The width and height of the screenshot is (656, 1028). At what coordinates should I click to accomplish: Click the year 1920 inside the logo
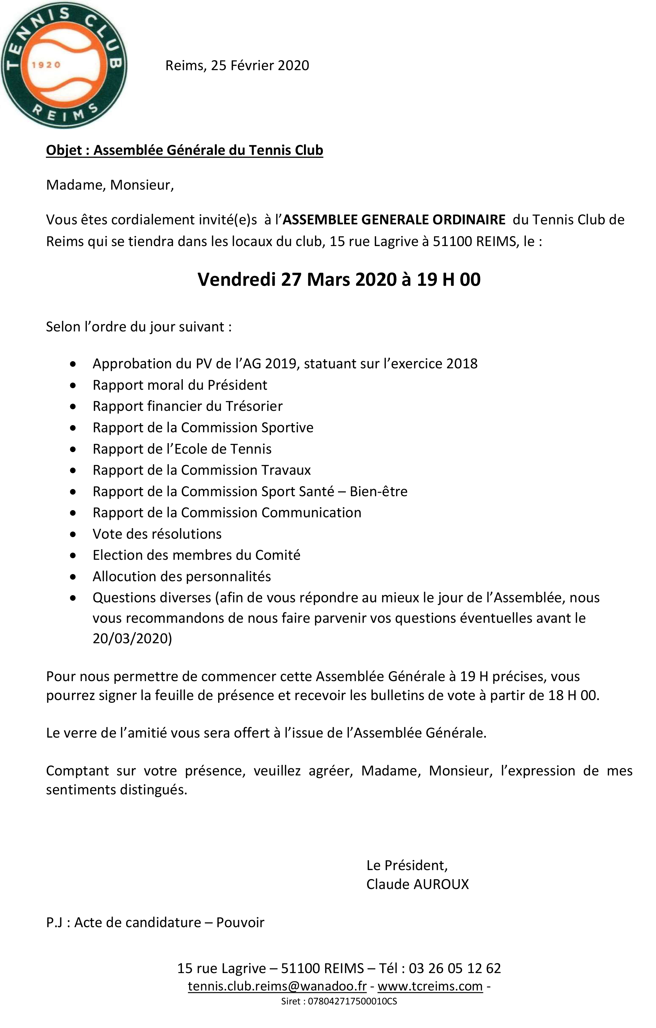(46, 65)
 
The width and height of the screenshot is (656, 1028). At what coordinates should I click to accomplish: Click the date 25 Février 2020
(260, 65)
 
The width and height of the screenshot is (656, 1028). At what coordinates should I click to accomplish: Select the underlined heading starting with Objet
(184, 150)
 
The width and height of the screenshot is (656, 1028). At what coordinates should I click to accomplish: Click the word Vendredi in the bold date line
(236, 280)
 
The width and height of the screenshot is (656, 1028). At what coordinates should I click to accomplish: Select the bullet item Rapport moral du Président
(180, 385)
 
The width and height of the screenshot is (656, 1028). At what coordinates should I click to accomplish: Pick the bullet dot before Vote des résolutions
(74, 534)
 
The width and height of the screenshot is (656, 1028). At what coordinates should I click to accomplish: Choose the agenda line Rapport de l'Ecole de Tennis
(182, 449)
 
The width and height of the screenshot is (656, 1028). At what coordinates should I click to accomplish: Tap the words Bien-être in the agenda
(378, 492)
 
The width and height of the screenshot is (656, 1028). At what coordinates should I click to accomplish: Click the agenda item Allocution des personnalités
(182, 576)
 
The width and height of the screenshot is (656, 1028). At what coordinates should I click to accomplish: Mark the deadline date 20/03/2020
(132, 638)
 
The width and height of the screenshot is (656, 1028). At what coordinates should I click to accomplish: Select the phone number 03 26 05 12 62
(455, 968)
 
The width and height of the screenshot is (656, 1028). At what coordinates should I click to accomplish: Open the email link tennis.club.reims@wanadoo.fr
(277, 986)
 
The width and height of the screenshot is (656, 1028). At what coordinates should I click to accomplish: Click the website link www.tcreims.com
(430, 986)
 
